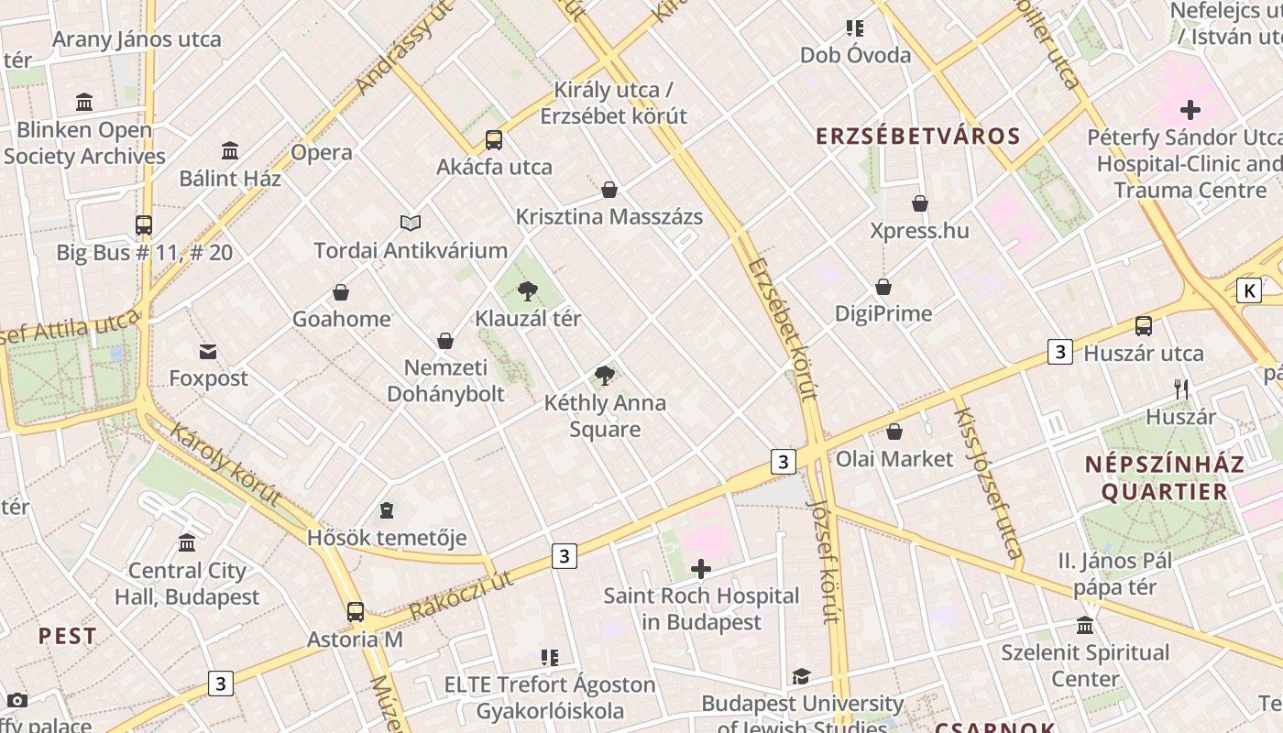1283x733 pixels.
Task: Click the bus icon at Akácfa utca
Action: point(494,140)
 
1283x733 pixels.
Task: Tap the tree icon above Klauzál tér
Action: point(527,292)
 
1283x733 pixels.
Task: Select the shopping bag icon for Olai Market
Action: point(894,432)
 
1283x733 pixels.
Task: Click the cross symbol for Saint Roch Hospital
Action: point(701,569)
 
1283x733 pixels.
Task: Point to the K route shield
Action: point(1248,291)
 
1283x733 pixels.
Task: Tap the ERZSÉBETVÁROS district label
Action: point(918,137)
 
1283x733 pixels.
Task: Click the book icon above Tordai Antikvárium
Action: point(411,223)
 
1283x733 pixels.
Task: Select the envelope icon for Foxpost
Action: point(208,351)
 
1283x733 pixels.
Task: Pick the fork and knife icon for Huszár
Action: point(1181,389)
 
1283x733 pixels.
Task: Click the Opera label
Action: point(322,152)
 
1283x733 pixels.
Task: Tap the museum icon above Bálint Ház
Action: point(230,150)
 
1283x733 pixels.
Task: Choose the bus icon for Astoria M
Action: point(356,611)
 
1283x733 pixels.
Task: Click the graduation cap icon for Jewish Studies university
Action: point(802,676)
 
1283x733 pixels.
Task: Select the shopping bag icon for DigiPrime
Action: point(883,287)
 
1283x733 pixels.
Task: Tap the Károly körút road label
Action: point(225,465)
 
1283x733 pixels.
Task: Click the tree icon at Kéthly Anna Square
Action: point(604,376)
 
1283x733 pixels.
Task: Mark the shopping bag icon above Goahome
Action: point(341,292)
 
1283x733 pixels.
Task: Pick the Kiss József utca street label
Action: point(988,483)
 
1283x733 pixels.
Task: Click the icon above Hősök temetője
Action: point(387,510)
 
